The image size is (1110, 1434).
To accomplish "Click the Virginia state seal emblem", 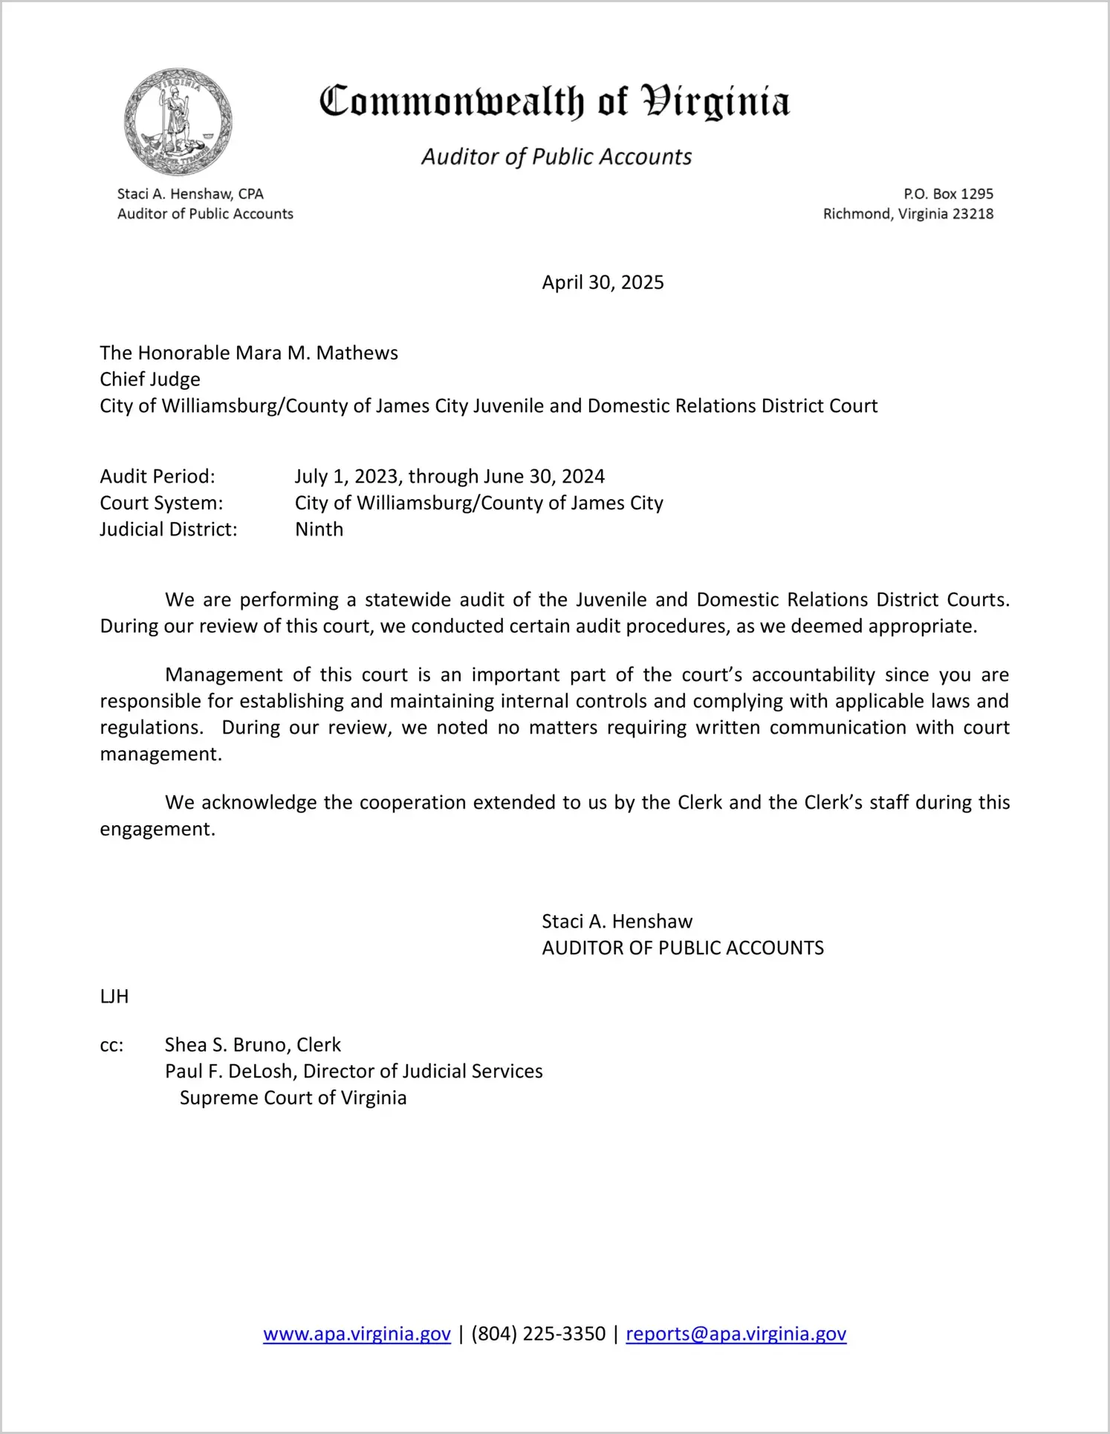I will click(178, 122).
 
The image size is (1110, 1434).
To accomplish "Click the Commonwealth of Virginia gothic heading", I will click(554, 102).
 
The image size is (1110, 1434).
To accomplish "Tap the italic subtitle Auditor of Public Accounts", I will click(556, 157).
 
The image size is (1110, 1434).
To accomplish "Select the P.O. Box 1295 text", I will click(948, 194).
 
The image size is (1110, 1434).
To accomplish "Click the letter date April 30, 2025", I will click(603, 282).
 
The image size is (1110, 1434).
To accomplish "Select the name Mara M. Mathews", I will click(317, 353).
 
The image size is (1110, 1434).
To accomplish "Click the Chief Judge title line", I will click(150, 379).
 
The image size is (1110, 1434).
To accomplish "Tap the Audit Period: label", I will click(158, 476).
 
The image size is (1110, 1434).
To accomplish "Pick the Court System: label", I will click(161, 503).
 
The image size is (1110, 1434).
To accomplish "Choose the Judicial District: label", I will click(169, 529).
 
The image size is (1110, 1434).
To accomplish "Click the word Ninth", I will click(319, 529).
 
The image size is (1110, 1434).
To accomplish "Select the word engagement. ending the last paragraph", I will click(158, 829).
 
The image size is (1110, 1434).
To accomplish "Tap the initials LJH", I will click(114, 997).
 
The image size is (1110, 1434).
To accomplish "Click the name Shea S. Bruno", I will click(227, 1045).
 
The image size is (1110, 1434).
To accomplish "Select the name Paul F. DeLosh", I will click(228, 1072).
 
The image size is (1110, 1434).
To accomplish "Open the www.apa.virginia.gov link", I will click(357, 1334).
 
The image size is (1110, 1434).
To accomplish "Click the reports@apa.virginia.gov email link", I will click(736, 1334).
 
